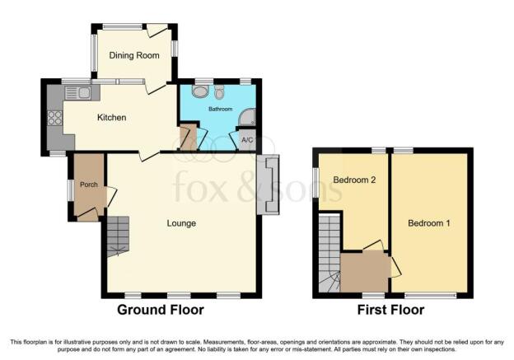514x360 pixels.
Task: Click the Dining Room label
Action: coord(134,55)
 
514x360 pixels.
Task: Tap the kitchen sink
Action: coord(79,93)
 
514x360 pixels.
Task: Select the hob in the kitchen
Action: coord(55,118)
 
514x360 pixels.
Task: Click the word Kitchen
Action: coord(112,117)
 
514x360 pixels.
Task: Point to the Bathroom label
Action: coord(220,109)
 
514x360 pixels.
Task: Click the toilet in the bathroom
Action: coord(220,91)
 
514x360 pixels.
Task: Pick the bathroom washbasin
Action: coord(200,91)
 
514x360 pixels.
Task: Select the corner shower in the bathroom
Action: coord(247,117)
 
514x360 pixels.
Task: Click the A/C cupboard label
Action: coord(247,140)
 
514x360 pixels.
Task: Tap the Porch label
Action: coord(89,185)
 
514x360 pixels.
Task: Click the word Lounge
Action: coord(181,223)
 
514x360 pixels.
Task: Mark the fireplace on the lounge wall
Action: coord(268,185)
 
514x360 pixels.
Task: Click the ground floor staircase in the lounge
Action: coord(118,236)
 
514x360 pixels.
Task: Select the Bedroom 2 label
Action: coord(354,180)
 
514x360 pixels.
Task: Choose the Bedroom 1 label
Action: coord(429,223)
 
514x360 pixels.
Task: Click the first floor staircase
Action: coord(329,253)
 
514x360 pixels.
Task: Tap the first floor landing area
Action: coord(366,272)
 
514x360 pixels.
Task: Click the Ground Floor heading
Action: coord(161,310)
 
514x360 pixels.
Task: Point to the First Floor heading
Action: coord(390,310)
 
